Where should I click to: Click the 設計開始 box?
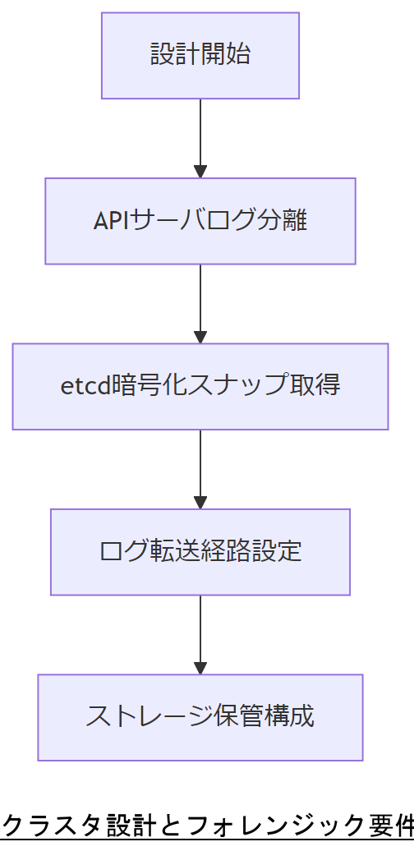click(x=200, y=55)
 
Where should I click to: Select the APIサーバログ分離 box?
click(x=200, y=221)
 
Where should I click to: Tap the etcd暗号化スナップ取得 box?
click(x=200, y=386)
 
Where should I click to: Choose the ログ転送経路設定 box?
click(x=200, y=552)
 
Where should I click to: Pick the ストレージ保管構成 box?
click(x=200, y=717)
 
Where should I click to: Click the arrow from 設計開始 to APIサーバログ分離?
click(x=200, y=136)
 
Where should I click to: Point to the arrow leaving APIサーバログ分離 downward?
click(x=200, y=301)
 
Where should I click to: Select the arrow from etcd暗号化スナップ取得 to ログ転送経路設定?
click(x=200, y=467)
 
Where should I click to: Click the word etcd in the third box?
click(x=85, y=386)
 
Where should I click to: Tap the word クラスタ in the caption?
click(x=41, y=825)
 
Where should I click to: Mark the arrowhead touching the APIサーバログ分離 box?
click(x=200, y=172)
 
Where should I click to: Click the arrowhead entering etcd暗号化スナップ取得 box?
click(x=200, y=337)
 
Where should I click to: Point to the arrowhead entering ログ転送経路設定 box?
click(x=200, y=503)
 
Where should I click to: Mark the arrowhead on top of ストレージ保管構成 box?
click(x=200, y=668)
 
